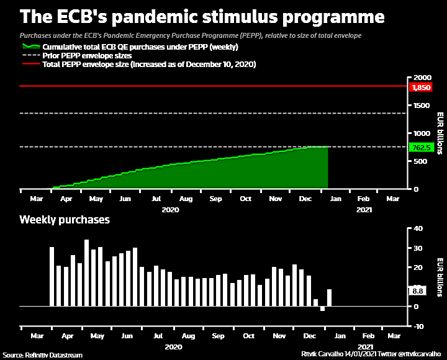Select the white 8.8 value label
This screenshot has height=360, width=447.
(418, 290)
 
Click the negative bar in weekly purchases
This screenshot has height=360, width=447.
(323, 308)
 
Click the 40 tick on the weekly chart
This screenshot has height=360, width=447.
(418, 229)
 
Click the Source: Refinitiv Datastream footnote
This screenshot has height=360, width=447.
(42, 356)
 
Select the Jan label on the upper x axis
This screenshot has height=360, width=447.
(334, 199)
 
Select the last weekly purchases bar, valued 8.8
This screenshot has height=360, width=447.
(330, 298)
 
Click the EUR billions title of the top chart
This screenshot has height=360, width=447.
(439, 133)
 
